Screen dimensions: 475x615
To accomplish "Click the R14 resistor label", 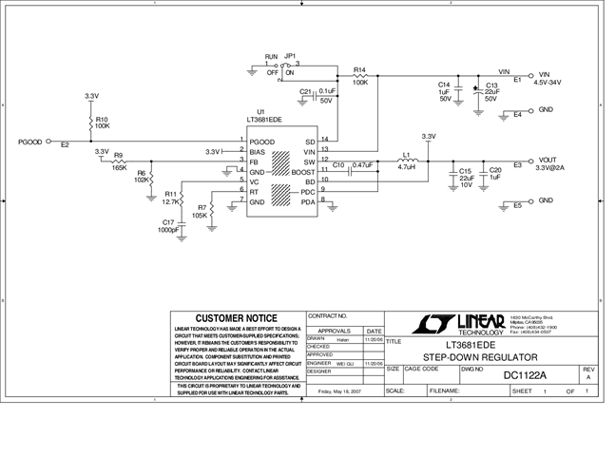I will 359,70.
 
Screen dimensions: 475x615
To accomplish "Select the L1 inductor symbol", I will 406,161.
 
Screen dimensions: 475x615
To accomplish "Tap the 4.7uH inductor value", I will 406,168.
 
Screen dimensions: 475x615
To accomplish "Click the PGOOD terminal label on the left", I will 29,142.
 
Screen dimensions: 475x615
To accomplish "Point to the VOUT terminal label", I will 548,160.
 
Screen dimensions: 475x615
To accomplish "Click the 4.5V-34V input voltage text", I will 549,83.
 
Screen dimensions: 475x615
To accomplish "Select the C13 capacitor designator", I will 491,85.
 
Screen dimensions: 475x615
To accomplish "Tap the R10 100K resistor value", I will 102,125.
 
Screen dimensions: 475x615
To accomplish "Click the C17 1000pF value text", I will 167,230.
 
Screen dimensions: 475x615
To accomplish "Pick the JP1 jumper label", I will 290,56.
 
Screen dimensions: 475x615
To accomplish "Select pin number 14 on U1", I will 324,140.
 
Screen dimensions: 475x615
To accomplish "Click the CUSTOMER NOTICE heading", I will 236,318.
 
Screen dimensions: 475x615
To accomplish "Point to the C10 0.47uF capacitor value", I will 362,164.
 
